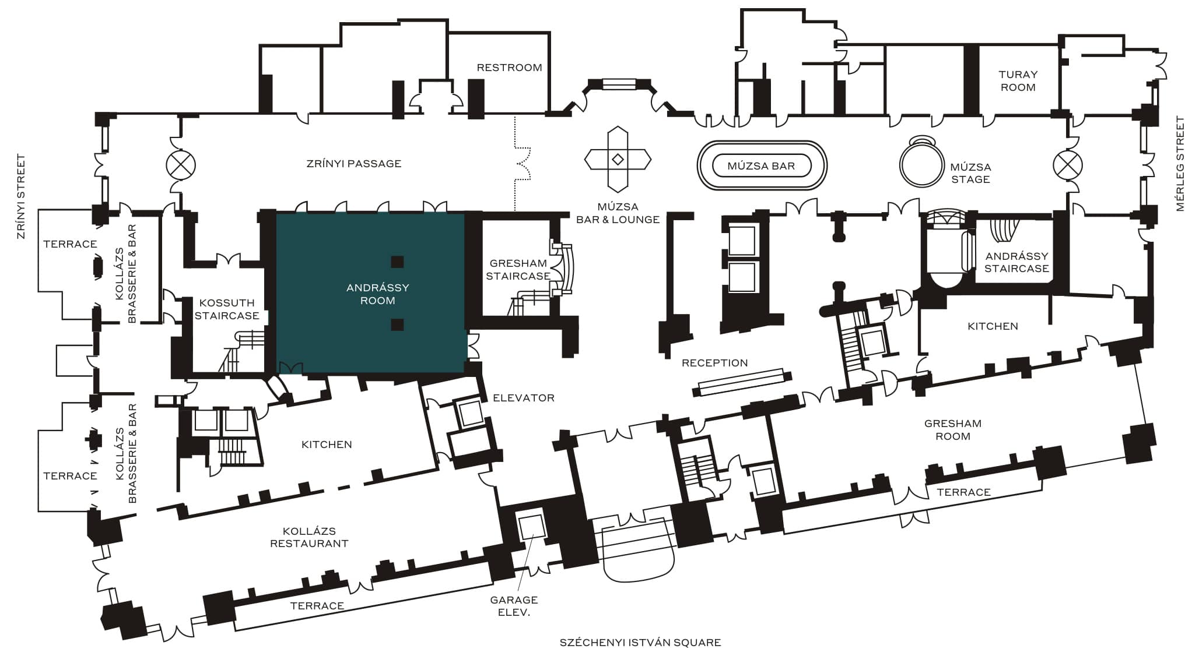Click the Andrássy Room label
click(x=378, y=294)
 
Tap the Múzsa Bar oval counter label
click(x=761, y=166)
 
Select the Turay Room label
click(x=1018, y=81)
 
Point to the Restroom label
click(x=509, y=68)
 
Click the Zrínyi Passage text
click(x=354, y=164)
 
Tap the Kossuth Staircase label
click(x=227, y=309)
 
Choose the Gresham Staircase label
click(x=518, y=270)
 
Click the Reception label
click(x=714, y=363)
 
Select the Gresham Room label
click(x=953, y=430)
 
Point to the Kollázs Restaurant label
click(x=309, y=538)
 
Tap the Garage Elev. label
click(x=514, y=606)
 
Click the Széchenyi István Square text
click(x=640, y=643)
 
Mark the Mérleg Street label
click(x=1181, y=164)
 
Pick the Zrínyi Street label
click(x=22, y=196)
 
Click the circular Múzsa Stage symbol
click(x=921, y=163)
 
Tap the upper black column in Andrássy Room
click(x=397, y=262)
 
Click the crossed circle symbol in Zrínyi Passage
click(x=181, y=164)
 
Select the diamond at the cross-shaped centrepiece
click(x=618, y=159)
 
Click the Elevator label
click(x=524, y=398)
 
